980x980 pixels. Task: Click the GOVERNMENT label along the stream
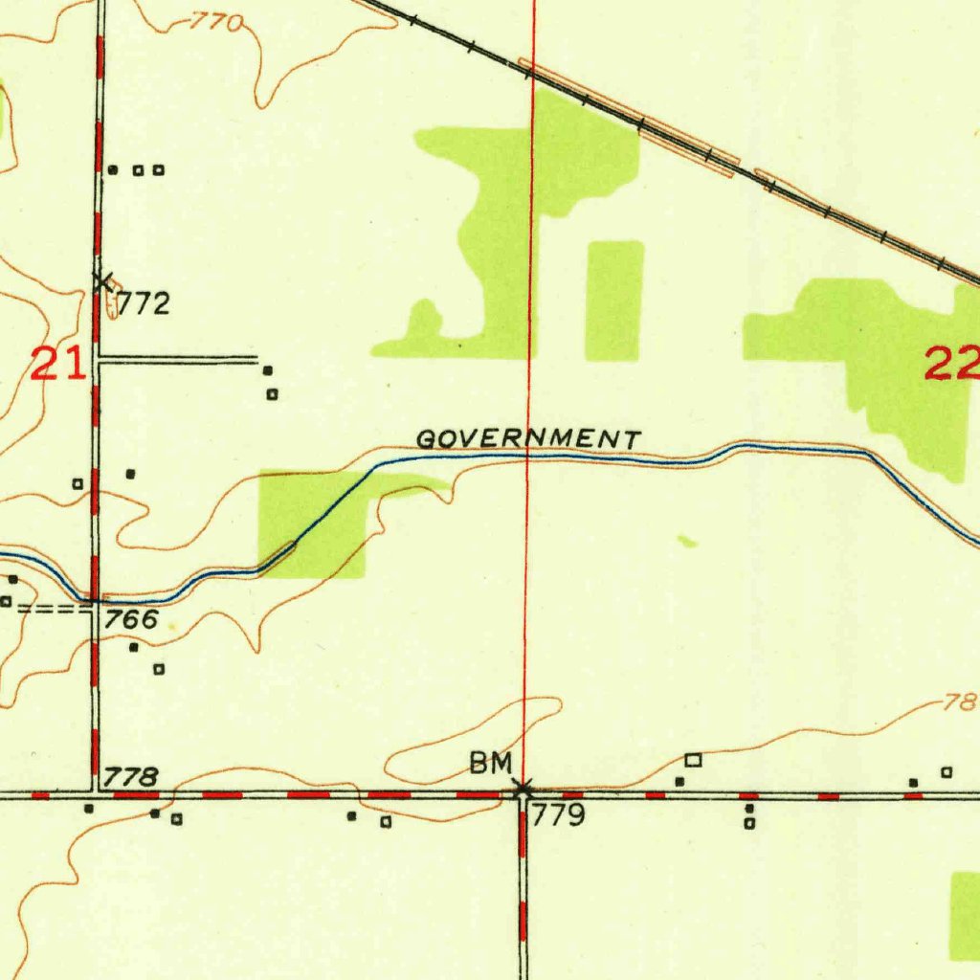coord(528,439)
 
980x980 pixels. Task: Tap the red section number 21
coord(57,365)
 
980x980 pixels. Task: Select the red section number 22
coord(951,364)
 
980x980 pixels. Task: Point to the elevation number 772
coord(144,304)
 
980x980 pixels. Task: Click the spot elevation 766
coord(131,619)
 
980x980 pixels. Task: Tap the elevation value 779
coord(558,816)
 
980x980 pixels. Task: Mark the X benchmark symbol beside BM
coord(523,790)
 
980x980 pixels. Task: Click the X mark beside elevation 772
coord(103,280)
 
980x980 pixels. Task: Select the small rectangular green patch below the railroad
coord(614,301)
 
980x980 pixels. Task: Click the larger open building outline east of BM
coord(694,760)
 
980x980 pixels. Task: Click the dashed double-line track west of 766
coord(53,608)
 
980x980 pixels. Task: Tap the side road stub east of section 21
coord(177,360)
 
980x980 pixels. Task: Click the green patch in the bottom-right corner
coord(965,914)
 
